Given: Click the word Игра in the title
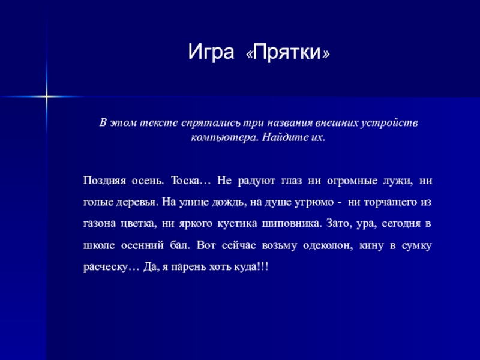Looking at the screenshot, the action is (x=211, y=53).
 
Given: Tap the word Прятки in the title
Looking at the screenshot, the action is (x=287, y=52).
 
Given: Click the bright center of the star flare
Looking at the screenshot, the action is (x=47, y=97).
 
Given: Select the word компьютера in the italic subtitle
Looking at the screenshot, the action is (x=225, y=137).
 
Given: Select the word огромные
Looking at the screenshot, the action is (x=352, y=181).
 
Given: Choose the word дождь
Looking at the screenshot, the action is (x=229, y=202).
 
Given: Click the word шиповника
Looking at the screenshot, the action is (x=292, y=223).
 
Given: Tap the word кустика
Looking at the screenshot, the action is (x=237, y=223).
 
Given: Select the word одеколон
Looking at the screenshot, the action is (x=328, y=245).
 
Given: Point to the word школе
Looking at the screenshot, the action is (x=99, y=245).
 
